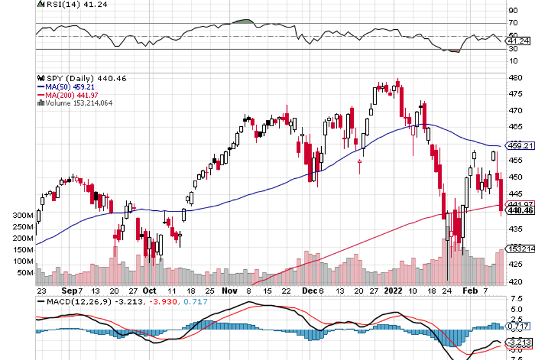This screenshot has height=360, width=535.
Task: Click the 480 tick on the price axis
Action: [x=514, y=78]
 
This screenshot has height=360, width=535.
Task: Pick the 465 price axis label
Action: [x=514, y=126]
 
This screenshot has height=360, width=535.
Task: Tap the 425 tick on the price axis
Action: [x=514, y=264]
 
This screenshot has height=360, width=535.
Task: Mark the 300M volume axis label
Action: [x=23, y=215]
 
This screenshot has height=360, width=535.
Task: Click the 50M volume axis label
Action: [x=25, y=273]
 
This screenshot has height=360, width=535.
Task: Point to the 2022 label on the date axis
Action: [x=393, y=290]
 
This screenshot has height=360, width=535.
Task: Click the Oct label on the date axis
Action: [x=150, y=290]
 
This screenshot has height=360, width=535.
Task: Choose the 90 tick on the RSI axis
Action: [x=513, y=10]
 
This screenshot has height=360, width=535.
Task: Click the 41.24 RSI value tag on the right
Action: [x=519, y=41]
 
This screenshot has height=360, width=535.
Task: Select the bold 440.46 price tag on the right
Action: [x=520, y=211]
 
